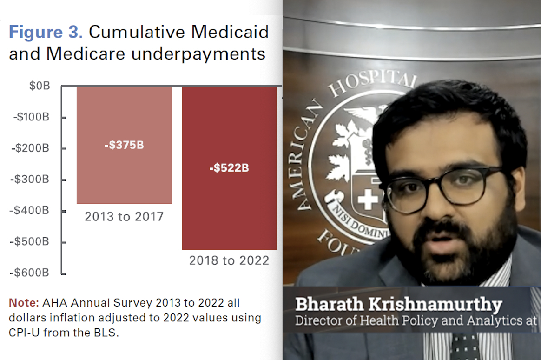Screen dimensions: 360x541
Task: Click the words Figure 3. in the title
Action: point(46,33)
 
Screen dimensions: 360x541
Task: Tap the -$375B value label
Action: point(124,145)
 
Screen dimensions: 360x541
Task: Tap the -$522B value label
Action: point(229,168)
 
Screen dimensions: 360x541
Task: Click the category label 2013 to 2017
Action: point(124,217)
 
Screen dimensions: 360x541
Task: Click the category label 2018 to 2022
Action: point(229,260)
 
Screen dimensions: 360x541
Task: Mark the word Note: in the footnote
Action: point(24,303)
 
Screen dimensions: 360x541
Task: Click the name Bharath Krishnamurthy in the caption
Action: point(399,305)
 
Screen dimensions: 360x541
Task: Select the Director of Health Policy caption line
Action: point(416,321)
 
